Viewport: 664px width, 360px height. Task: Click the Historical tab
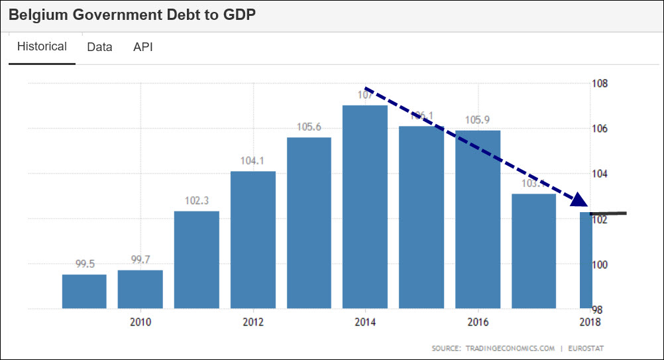(x=42, y=47)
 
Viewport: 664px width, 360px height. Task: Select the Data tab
(x=99, y=47)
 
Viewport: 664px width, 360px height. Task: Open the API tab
(x=143, y=47)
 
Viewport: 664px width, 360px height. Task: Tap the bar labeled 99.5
(x=84, y=292)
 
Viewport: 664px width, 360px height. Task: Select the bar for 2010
(x=140, y=289)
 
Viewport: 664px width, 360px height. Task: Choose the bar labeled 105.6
(x=309, y=223)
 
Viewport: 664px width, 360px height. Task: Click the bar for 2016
(x=477, y=219)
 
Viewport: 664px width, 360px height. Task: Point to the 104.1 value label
(x=252, y=161)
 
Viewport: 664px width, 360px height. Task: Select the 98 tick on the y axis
(x=598, y=310)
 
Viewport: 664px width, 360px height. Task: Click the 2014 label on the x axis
(x=365, y=322)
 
